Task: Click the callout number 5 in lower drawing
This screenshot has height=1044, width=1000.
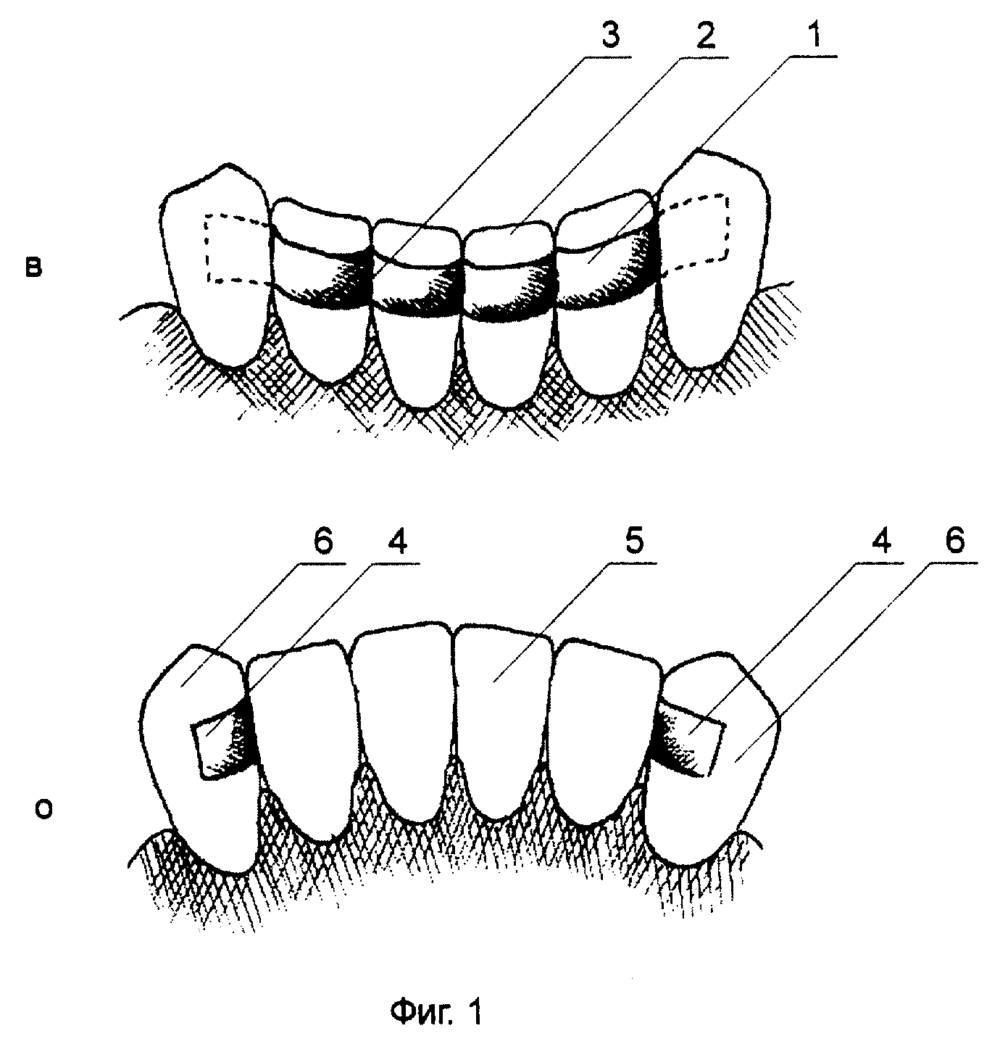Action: pyautogui.click(x=633, y=543)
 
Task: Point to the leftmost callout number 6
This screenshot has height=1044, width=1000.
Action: pyautogui.click(x=322, y=543)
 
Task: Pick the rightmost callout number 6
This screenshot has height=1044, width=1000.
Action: pyautogui.click(x=954, y=543)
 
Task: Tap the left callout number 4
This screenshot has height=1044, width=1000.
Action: pyautogui.click(x=396, y=543)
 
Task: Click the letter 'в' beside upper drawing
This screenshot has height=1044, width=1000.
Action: pyautogui.click(x=33, y=268)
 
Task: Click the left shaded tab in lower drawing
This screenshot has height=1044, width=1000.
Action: pyautogui.click(x=221, y=745)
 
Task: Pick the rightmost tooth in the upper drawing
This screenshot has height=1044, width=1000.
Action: pyautogui.click(x=713, y=257)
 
